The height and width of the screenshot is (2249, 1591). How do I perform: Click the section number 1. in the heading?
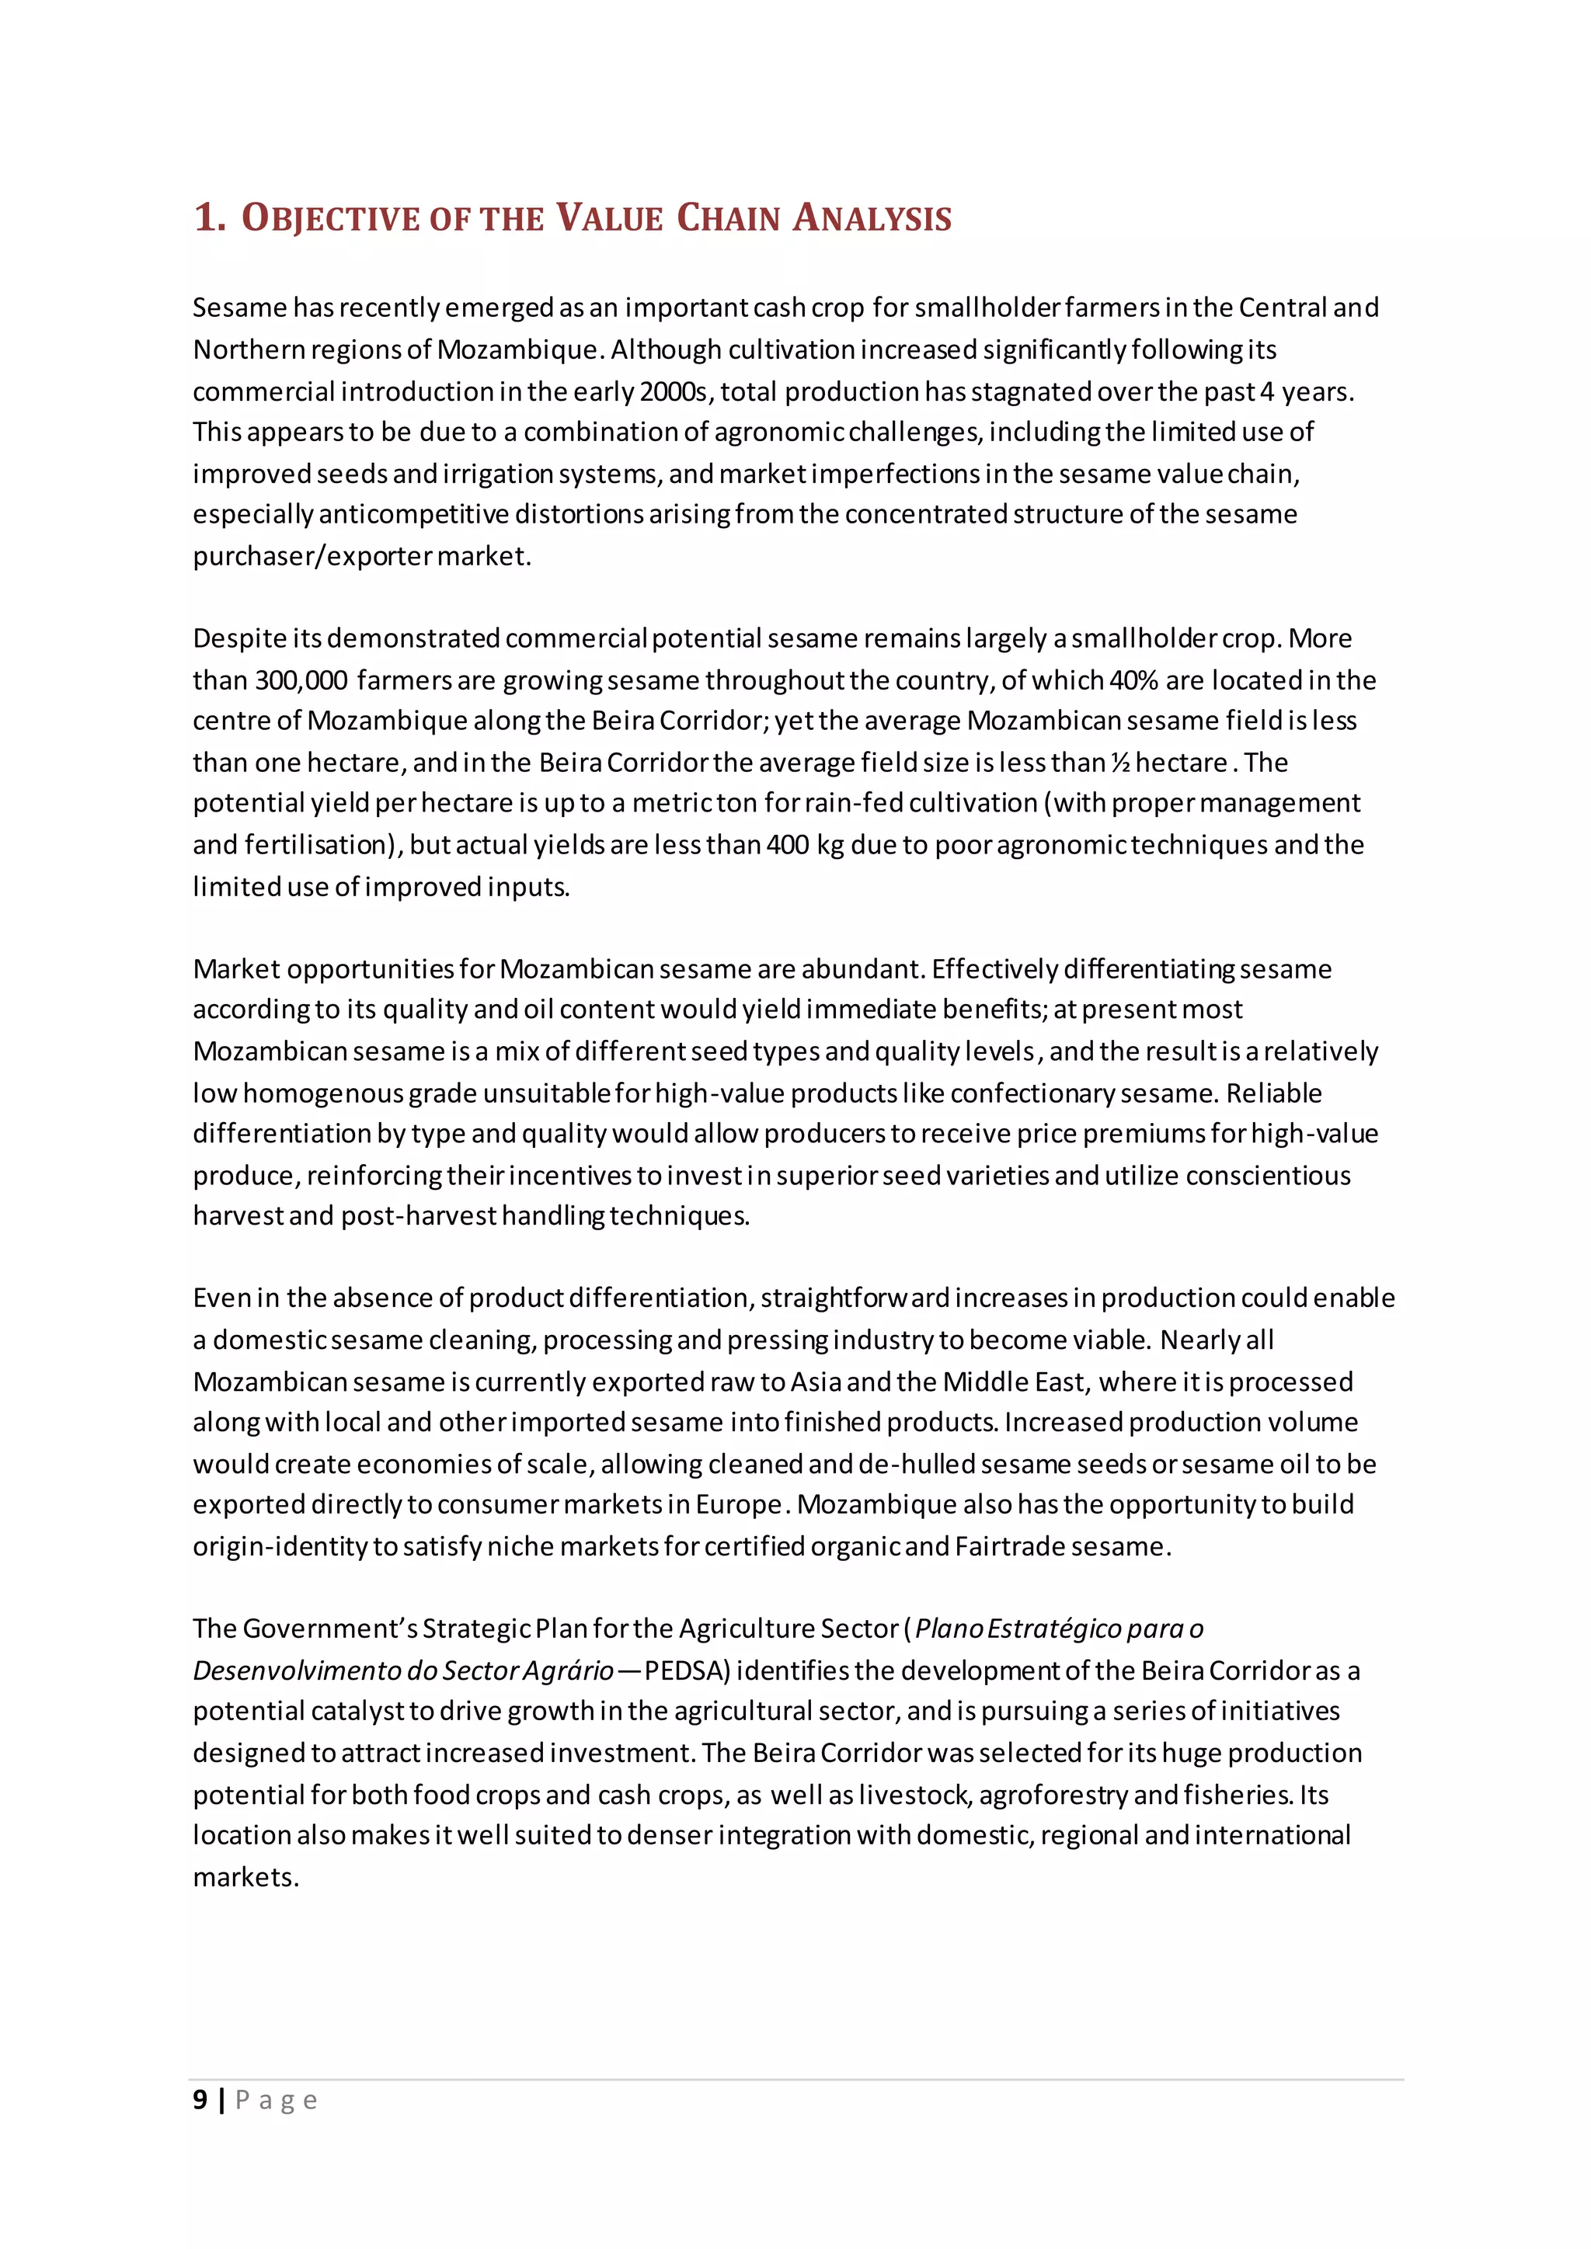(x=210, y=217)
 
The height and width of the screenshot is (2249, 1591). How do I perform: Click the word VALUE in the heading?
(x=609, y=217)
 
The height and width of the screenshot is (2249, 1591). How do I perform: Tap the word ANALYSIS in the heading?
(x=872, y=217)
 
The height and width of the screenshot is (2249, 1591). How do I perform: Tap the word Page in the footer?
(x=277, y=2100)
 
